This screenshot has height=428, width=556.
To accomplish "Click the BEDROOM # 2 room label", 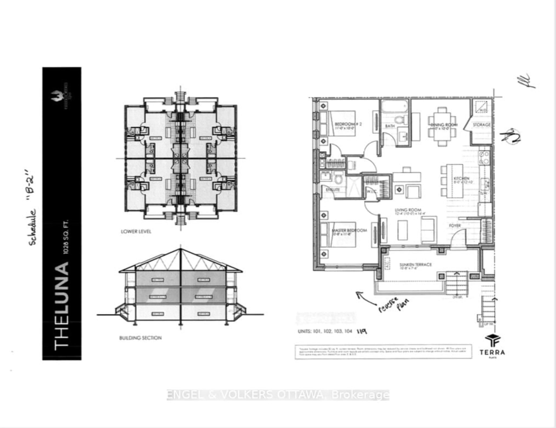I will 348,124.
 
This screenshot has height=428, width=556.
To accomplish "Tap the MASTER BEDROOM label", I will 349,230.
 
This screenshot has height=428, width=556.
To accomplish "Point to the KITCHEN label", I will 461,178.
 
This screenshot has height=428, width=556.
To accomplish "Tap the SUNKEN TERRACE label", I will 415,265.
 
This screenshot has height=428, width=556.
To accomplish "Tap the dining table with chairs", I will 442,126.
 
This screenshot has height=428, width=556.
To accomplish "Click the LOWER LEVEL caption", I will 136,231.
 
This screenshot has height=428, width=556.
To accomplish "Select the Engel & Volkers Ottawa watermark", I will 278,395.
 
